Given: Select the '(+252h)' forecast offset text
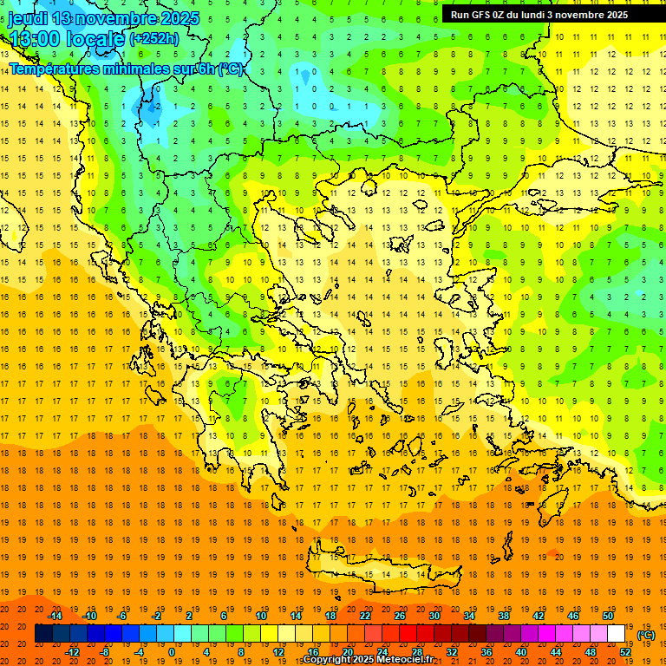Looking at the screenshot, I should tap(154, 38).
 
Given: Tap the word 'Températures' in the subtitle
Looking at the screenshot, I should tap(51, 69).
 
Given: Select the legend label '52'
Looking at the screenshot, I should tap(624, 651).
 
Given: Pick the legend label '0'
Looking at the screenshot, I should tap(171, 651).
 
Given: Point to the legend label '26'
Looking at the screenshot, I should tap(400, 616).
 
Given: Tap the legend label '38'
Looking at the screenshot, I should tap(504, 616).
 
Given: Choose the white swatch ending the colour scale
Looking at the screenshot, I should tap(616, 633).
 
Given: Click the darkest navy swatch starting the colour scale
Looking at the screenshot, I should tap(43, 633).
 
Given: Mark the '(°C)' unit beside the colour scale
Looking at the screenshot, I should tap(646, 634).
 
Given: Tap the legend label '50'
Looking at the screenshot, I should tap(608, 616).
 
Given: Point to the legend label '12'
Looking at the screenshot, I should tap(278, 651).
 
